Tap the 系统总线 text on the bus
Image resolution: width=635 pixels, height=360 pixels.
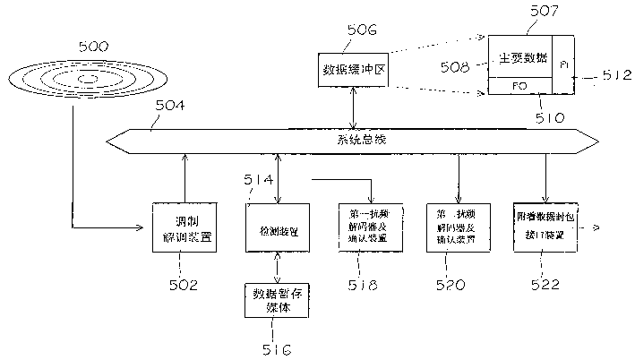(354, 139)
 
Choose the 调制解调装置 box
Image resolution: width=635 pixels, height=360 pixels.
(184, 227)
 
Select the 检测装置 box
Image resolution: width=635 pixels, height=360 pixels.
(278, 227)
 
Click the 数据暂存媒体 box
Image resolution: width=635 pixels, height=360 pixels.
(279, 300)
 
